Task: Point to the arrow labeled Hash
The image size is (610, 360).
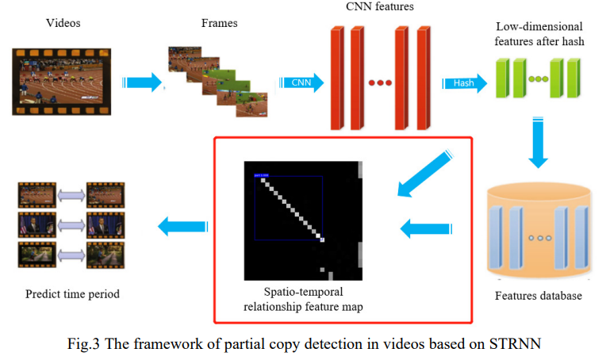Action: (x=465, y=82)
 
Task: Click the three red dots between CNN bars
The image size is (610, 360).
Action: (x=380, y=83)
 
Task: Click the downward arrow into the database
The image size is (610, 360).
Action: (x=539, y=143)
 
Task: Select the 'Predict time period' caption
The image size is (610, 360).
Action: (x=72, y=294)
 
